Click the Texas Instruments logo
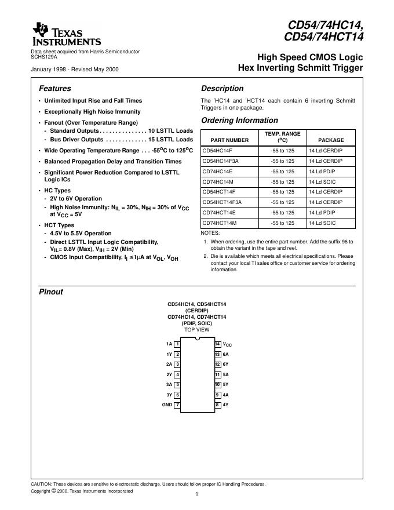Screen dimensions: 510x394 point(67,35)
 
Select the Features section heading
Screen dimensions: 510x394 point(55,89)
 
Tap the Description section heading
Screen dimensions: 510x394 point(222,89)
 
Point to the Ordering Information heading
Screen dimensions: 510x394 point(239,121)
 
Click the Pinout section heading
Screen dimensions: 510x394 point(51,292)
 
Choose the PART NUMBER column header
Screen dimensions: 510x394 point(229,140)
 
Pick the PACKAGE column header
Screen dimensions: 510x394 point(331,140)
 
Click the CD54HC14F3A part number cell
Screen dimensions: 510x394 point(220,161)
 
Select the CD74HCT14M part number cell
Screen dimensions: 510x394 point(220,223)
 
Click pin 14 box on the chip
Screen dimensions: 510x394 point(218,344)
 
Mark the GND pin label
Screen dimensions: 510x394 point(167,405)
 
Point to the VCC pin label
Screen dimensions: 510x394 point(227,345)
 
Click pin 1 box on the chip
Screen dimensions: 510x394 point(177,344)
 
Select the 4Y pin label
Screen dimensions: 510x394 point(226,405)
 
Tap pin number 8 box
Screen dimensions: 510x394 point(218,405)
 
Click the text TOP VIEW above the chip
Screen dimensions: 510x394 point(197,330)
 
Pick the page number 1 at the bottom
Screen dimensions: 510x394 point(197,494)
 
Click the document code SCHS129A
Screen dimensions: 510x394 point(43,57)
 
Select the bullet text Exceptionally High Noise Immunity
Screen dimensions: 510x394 point(92,112)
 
